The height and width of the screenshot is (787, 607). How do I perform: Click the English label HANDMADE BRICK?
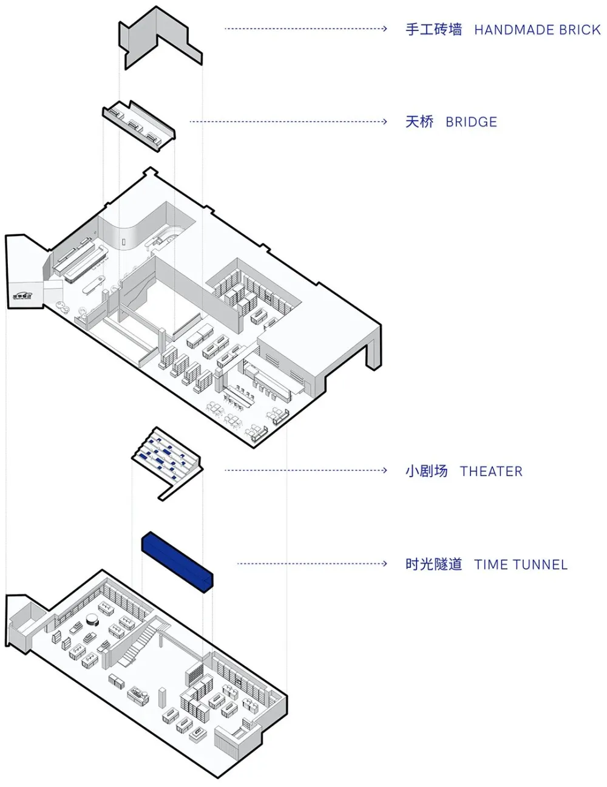[x=537, y=29]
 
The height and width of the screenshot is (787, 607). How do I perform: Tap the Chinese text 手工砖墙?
[x=433, y=29]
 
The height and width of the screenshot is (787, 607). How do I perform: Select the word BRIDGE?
[x=471, y=122]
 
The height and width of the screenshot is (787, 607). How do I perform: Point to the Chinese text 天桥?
[x=419, y=122]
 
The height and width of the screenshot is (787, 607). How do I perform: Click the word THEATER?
[x=491, y=471]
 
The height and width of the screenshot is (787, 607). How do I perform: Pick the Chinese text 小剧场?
[x=426, y=471]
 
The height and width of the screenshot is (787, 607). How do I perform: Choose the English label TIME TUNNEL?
[x=521, y=565]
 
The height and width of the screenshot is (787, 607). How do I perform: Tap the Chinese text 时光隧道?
[x=433, y=565]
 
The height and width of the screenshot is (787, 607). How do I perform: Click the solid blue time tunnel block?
[x=178, y=561]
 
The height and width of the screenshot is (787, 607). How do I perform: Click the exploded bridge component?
[x=139, y=124]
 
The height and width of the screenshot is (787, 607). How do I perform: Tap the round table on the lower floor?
[x=93, y=619]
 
